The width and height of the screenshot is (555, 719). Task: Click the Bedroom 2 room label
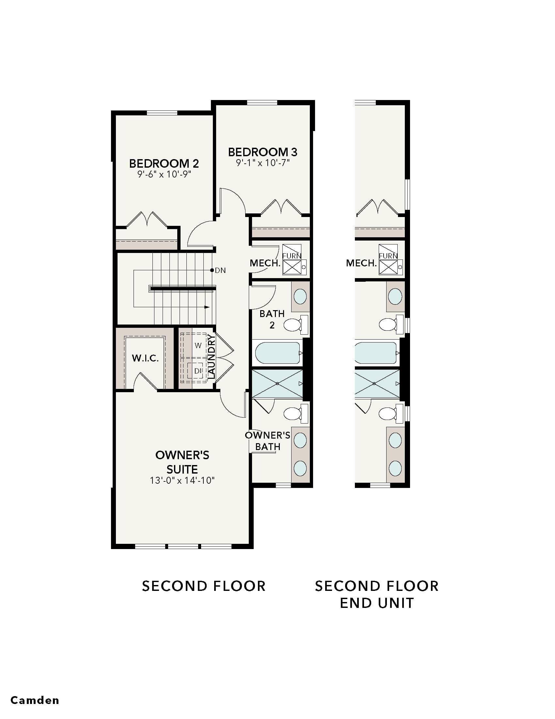pos(164,163)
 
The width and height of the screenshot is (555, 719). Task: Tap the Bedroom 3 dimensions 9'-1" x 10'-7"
pos(263,163)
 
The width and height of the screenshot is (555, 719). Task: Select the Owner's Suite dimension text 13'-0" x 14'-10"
pos(182,480)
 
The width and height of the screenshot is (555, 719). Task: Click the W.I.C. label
pos(145,358)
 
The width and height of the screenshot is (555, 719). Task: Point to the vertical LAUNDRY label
pos(212,357)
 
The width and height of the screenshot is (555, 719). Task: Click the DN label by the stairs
pos(220,270)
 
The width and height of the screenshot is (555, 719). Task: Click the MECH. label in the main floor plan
pos(265,263)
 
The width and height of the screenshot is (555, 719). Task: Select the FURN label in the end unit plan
pos(388,256)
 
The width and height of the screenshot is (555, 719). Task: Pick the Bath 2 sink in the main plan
pos(300,296)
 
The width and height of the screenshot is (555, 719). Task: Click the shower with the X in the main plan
pos(277,384)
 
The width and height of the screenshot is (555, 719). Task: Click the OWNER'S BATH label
pos(268,441)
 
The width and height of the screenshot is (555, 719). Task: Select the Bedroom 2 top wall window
pos(162,113)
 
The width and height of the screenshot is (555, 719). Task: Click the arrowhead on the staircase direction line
pos(207,307)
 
